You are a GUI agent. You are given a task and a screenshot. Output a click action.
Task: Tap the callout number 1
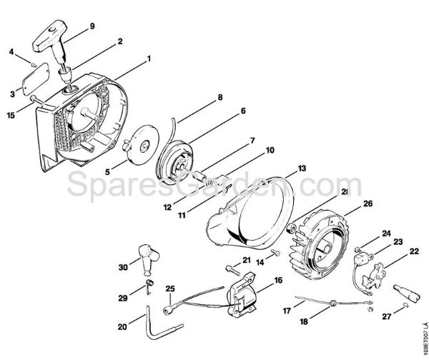click(x=149, y=57)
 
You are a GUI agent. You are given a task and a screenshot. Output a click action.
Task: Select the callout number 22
click(x=414, y=251)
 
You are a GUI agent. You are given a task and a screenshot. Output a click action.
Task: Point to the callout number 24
click(x=386, y=233)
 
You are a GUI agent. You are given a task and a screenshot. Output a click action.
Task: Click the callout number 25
click(x=169, y=288)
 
